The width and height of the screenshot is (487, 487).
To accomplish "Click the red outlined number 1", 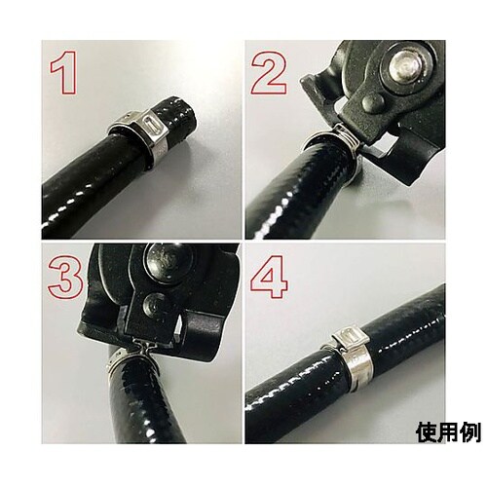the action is (x=65, y=72).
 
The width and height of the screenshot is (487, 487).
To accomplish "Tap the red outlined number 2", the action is (x=269, y=72).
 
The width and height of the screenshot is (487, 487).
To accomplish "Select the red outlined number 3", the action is (x=65, y=277).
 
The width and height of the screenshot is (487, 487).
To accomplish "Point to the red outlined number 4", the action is (x=269, y=277).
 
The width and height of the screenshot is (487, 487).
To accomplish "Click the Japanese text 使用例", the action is (x=448, y=431).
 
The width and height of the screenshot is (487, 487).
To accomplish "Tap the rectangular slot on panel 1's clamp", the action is (x=154, y=124).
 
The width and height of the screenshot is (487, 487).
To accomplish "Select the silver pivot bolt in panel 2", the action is (x=405, y=66).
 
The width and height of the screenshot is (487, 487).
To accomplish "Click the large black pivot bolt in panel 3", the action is (x=166, y=260).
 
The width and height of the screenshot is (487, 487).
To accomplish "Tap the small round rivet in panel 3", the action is (x=155, y=304).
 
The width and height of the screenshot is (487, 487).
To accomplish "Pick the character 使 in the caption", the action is (x=427, y=431).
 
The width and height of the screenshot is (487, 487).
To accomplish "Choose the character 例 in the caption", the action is (x=469, y=431).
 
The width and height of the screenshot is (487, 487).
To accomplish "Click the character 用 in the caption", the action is (x=448, y=431).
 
